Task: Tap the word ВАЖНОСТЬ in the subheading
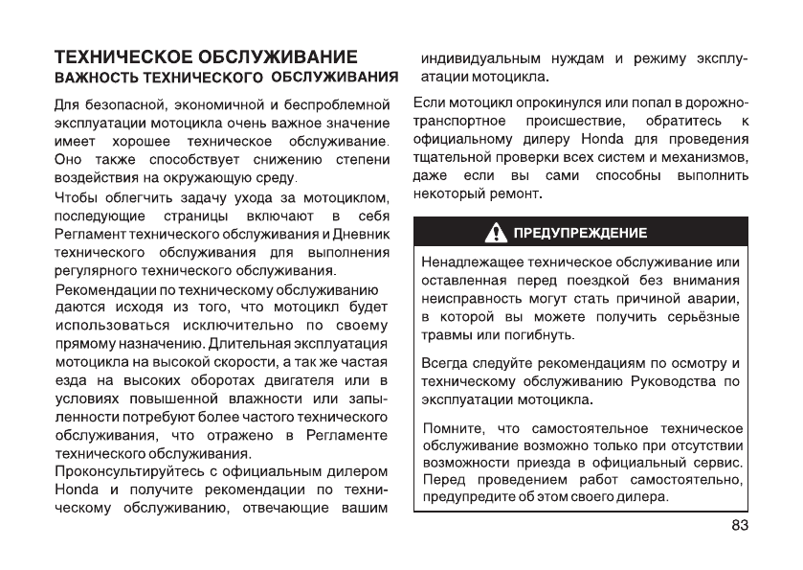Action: point(91,76)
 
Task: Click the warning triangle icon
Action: point(499,232)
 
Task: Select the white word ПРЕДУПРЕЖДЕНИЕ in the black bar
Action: point(580,233)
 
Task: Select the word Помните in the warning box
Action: point(450,427)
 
